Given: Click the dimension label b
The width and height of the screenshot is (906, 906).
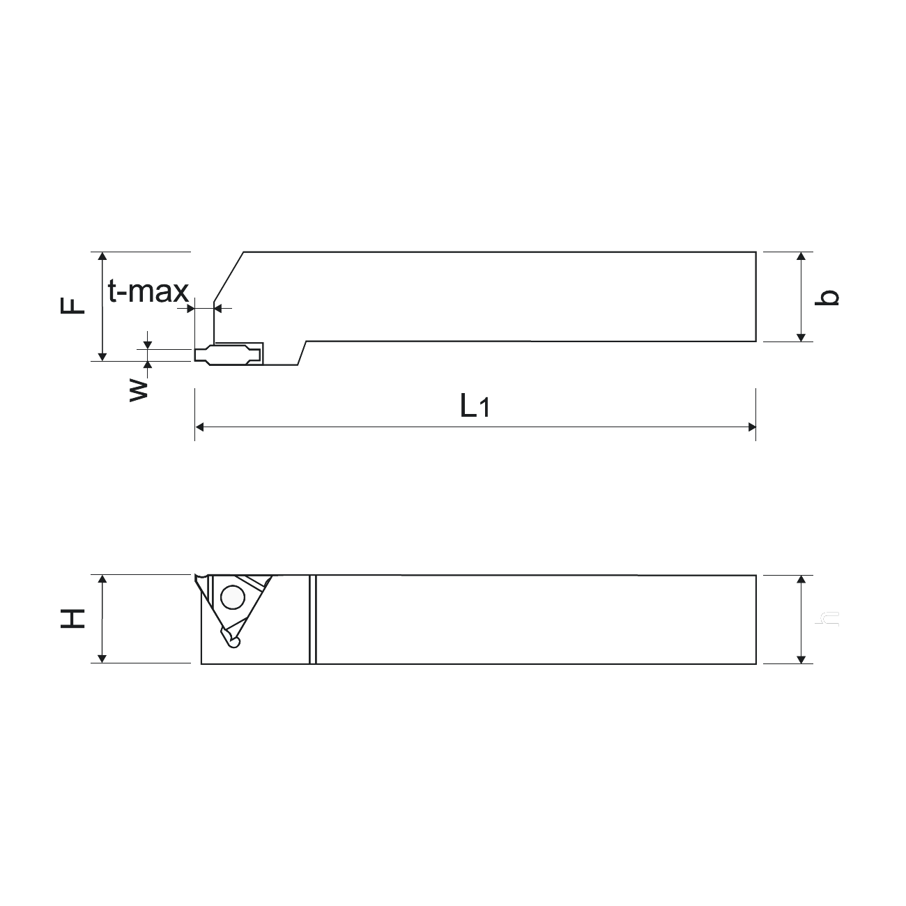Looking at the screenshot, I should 828,298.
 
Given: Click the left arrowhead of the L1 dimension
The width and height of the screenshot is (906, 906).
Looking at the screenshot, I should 199,427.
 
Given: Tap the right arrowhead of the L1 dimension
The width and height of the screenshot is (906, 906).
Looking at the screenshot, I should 751,427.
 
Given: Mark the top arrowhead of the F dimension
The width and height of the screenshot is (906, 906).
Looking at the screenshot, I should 102,256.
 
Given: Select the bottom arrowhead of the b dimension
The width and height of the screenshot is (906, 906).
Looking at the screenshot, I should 801,337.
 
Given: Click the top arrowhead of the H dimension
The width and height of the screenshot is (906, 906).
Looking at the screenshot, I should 102,580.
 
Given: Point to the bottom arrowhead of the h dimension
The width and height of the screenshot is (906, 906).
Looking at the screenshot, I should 801,659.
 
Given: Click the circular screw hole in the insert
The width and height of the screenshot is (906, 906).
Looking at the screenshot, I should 231,597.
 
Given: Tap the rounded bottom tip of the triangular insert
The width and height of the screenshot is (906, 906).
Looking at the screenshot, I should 233,640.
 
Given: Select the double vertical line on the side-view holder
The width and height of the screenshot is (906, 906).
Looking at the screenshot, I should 312,619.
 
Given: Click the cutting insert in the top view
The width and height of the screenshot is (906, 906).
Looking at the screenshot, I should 229,354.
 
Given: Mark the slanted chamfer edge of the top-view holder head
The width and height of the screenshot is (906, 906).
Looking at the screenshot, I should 229,277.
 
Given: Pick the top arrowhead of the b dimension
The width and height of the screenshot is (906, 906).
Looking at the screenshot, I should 801,256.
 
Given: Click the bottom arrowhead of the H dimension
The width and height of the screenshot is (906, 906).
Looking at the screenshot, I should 102,659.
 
